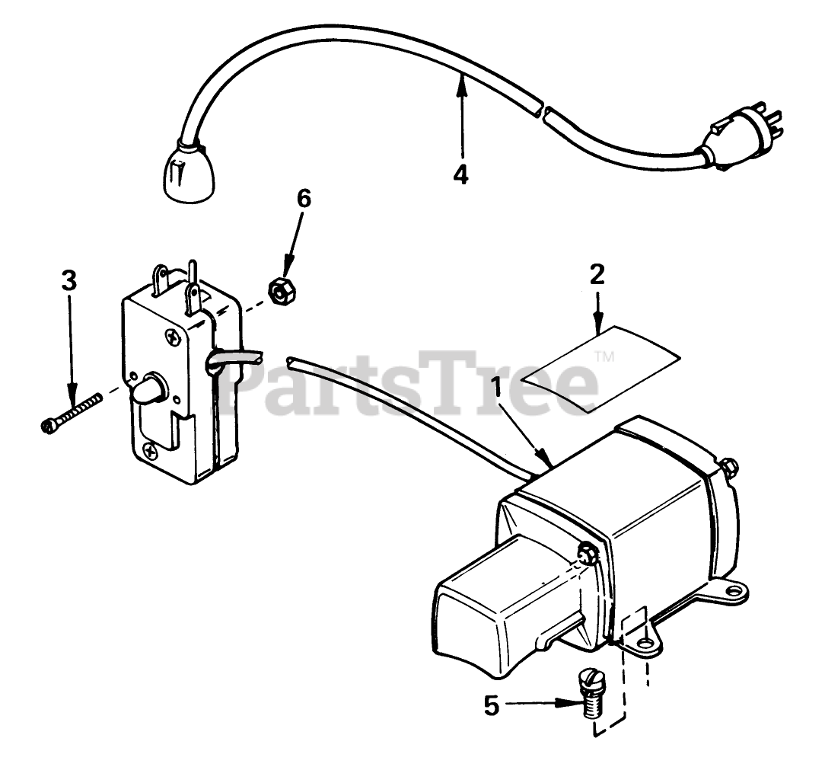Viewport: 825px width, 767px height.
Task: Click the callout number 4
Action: (x=460, y=174)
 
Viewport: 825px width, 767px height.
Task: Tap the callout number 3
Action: (x=69, y=280)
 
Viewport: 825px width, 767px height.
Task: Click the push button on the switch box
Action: (x=151, y=391)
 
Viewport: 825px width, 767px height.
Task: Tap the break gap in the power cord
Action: (x=543, y=111)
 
